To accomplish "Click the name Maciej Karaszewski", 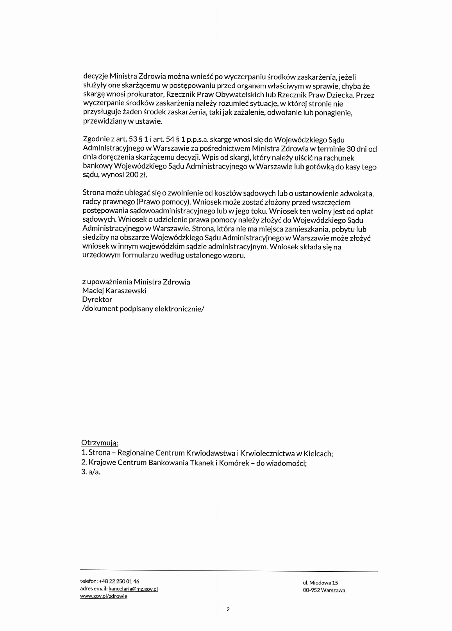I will tap(114, 291).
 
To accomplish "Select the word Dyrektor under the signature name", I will tap(97, 300).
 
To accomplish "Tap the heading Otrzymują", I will tap(100, 443).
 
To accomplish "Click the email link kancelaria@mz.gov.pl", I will tap(133, 589).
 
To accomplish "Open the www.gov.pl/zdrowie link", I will tap(104, 596).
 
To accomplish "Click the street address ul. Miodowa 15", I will tap(320, 583).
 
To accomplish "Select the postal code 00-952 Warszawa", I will tap(324, 590).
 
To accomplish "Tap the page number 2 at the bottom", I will tap(228, 610).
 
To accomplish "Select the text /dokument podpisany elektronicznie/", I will tap(143, 309).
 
